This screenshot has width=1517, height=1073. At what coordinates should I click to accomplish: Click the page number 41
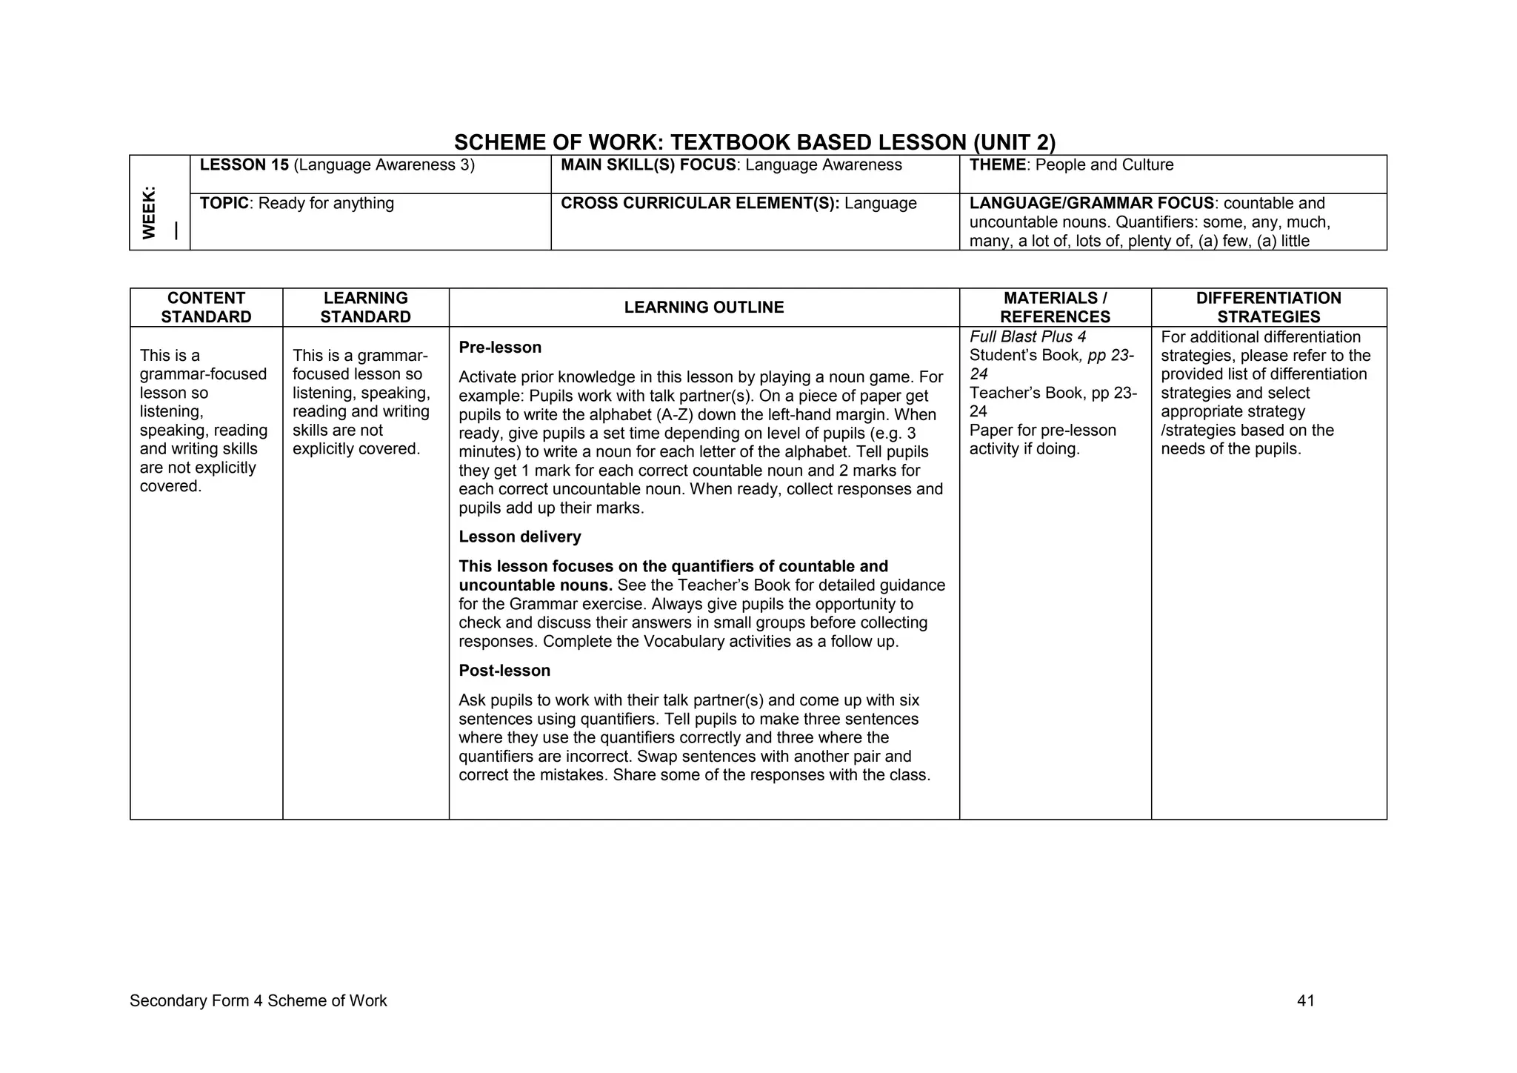[1305, 1001]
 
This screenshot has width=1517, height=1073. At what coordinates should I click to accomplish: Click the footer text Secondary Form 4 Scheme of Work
[258, 1001]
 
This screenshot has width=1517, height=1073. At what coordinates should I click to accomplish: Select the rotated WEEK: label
[150, 213]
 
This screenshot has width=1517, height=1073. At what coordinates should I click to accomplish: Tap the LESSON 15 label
[244, 165]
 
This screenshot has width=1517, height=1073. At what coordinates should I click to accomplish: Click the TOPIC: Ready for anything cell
[296, 203]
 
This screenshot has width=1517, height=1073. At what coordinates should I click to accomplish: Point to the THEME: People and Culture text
[1071, 165]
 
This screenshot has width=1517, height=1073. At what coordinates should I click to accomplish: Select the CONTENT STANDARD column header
[206, 308]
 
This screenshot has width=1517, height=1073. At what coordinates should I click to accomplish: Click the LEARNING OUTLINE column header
[704, 308]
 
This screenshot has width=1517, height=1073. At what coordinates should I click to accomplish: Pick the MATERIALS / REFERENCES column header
[1055, 308]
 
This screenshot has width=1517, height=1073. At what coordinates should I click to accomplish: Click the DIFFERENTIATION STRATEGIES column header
[1268, 308]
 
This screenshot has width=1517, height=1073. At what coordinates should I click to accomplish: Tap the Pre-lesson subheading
[500, 348]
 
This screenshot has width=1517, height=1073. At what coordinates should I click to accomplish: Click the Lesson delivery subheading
[519, 536]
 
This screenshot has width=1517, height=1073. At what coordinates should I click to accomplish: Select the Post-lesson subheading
[504, 671]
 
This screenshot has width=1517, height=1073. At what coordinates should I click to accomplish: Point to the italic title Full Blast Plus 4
[1027, 336]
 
